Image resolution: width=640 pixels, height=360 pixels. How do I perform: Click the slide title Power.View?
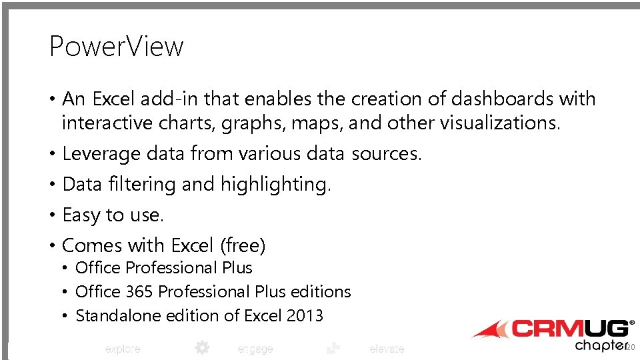(116, 47)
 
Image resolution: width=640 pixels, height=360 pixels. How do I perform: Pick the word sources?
(386, 154)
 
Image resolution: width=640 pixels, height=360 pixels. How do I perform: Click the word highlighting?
(275, 185)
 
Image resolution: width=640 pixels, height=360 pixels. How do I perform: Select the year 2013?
(304, 316)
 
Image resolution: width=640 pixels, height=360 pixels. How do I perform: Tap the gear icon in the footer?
(201, 347)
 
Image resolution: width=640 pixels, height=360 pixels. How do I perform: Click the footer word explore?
(123, 349)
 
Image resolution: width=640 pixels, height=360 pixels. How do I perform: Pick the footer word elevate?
(387, 349)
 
